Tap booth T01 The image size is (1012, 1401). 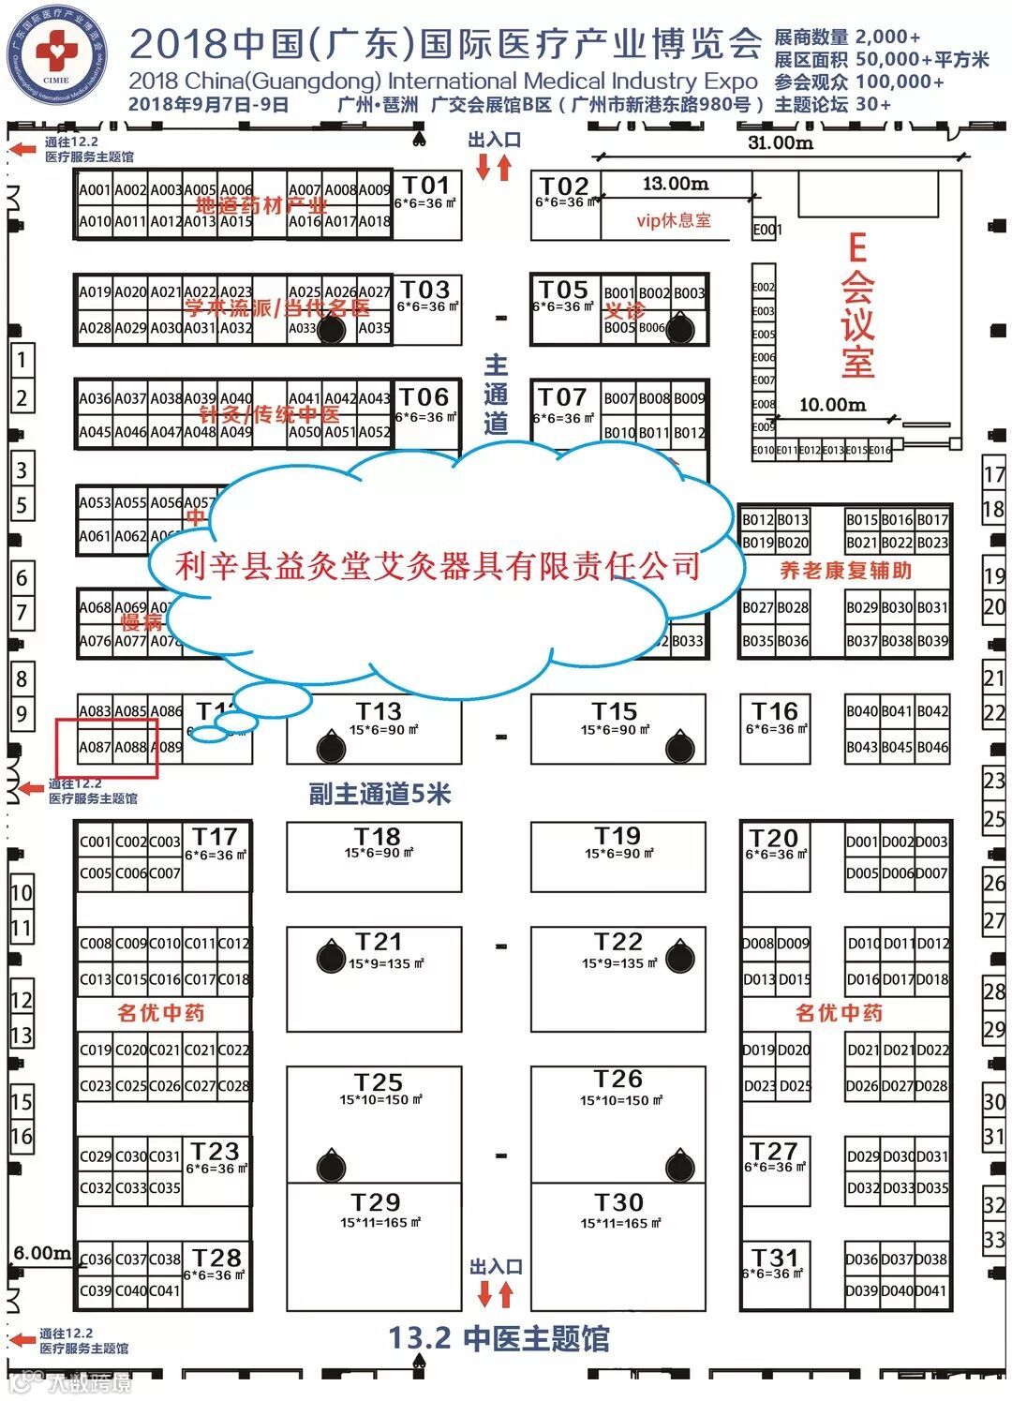click(426, 192)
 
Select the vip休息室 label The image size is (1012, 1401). click(673, 221)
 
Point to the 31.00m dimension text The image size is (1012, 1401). click(780, 142)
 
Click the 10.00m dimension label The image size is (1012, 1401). click(832, 405)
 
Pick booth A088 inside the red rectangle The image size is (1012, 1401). click(131, 747)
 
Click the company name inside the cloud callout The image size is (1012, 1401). click(438, 565)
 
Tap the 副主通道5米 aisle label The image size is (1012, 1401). click(379, 795)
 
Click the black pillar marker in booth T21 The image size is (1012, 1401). click(331, 957)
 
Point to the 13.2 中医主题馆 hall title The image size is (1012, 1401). click(499, 1338)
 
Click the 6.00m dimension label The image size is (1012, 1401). click(41, 1253)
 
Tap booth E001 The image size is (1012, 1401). click(766, 230)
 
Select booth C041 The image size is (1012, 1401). click(165, 1290)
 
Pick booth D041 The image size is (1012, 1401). click(931, 1290)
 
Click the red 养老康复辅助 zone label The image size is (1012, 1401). click(845, 571)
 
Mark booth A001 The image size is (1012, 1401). click(95, 190)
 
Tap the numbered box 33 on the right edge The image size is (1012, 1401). click(994, 1239)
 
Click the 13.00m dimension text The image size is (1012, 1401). click(675, 184)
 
